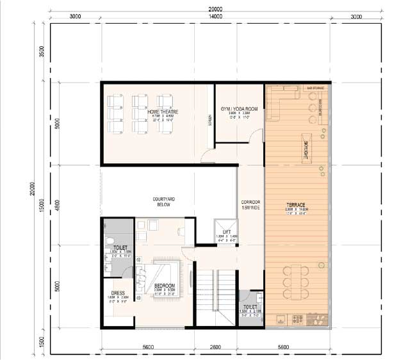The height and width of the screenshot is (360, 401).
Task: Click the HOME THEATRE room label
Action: tap(162, 112)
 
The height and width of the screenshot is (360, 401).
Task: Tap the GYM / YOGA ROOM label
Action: tap(239, 109)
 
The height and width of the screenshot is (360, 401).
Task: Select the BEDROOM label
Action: tap(165, 285)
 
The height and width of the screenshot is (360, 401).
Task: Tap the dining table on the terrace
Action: tap(296, 278)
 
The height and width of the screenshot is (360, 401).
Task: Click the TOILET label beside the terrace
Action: tap(250, 307)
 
